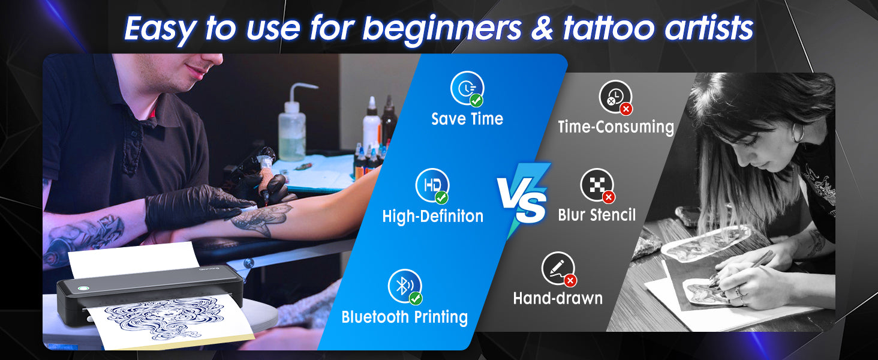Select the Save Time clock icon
[467, 88]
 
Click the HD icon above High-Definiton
[432, 185]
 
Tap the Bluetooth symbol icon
[405, 286]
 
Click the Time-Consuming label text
[616, 127]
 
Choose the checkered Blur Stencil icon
[597, 185]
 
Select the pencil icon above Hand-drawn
[558, 269]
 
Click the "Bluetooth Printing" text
[404, 317]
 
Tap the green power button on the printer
[83, 288]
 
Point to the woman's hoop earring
[798, 133]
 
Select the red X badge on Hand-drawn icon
[570, 280]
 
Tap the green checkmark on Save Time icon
[476, 100]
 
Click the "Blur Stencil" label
[597, 215]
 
